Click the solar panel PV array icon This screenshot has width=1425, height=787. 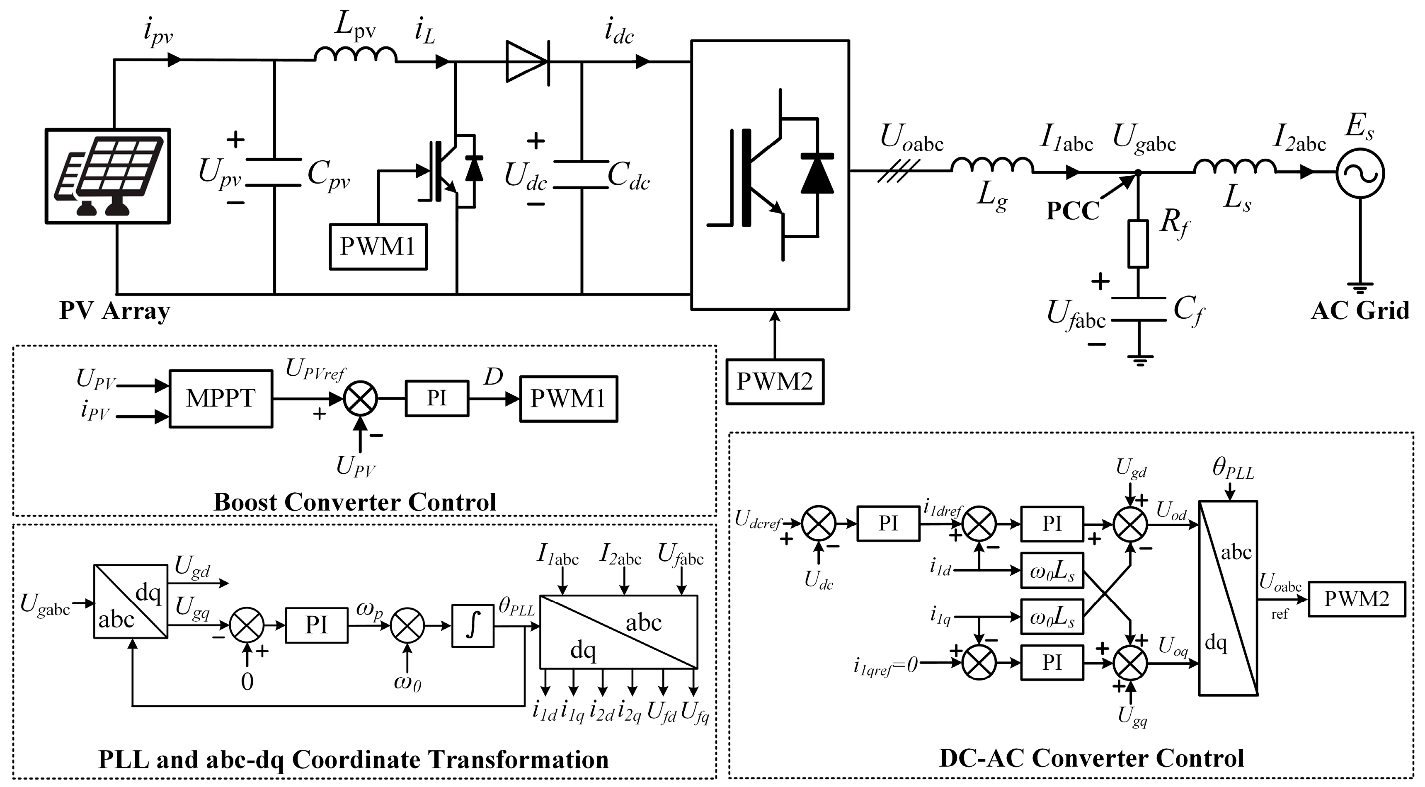tap(108, 176)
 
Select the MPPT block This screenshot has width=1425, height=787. tap(221, 399)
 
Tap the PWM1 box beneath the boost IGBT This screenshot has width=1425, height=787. tap(378, 247)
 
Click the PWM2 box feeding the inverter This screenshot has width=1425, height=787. tap(774, 382)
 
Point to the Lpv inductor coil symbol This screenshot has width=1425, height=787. tap(355, 55)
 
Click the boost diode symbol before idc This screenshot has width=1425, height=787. tap(527, 62)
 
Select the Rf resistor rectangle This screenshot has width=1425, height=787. tap(1138, 244)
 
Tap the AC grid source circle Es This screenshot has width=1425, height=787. tap(1360, 173)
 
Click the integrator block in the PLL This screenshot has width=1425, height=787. tap(473, 625)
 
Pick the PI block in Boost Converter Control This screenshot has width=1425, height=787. tap(436, 398)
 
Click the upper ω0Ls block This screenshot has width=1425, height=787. tap(1052, 572)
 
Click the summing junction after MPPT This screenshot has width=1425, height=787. tap(361, 399)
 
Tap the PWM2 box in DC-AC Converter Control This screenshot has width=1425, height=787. tap(1357, 599)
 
